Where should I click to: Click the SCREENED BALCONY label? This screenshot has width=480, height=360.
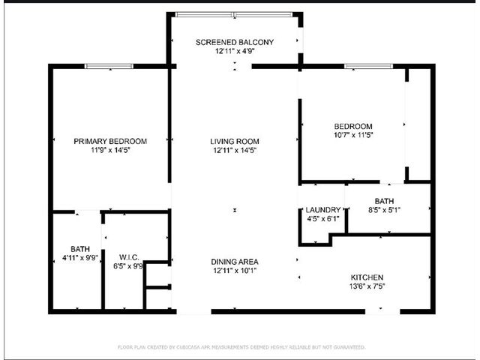[235, 42]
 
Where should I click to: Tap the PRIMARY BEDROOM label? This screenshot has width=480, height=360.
[110, 142]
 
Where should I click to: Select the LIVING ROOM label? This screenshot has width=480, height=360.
[235, 142]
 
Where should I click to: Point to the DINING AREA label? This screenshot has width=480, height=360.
[235, 262]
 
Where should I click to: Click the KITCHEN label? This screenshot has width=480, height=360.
[367, 277]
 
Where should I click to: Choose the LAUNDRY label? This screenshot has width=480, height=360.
[323, 210]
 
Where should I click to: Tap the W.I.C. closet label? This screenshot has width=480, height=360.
[129, 257]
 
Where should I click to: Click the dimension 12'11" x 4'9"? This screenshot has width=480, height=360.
[235, 51]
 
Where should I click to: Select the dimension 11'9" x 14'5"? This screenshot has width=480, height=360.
[110, 150]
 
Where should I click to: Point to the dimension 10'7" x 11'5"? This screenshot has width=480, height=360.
[353, 135]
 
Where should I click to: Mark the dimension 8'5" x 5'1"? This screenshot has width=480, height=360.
[384, 210]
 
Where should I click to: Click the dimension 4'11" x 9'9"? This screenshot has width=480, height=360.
[80, 258]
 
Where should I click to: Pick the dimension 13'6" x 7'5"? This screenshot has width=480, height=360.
[367, 286]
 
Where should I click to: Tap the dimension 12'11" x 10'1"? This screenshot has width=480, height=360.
[235, 271]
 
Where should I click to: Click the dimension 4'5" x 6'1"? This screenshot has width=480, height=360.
[323, 219]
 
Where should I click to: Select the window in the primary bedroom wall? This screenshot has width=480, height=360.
[109, 66]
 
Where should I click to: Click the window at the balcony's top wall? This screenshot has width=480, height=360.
[234, 14]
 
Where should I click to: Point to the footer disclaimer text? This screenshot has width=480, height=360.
[241, 347]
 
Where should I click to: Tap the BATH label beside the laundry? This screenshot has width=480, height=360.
[384, 201]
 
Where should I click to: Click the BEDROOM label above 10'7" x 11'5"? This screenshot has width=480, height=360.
[353, 126]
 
